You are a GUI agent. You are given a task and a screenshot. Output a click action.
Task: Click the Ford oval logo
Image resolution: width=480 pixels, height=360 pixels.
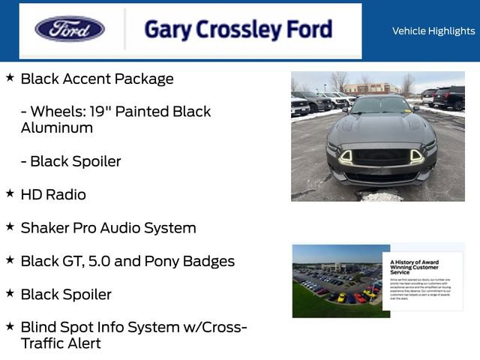coord(70,30)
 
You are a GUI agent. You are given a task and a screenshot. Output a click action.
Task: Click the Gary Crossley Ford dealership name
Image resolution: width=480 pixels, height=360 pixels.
coord(238,30)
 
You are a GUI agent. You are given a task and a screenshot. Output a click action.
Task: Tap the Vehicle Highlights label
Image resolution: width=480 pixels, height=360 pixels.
coord(433,31)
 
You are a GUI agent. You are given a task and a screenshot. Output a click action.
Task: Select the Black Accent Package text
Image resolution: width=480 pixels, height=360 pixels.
coord(97,79)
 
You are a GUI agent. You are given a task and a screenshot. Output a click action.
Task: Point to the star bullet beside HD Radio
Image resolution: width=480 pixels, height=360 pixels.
coord(10,193)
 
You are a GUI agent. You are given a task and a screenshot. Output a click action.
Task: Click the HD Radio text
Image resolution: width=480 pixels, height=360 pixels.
coord(53,194)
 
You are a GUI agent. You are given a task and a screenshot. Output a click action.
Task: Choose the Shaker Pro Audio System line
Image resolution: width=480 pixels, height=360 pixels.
coord(108,228)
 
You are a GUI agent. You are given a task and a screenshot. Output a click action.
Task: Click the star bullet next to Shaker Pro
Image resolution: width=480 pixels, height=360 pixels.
coord(10,226)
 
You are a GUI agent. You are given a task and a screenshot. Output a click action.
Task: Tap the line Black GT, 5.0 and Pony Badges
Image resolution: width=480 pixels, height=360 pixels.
coord(127,261)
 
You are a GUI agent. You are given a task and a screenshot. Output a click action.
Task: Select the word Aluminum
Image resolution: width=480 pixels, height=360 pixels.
coord(57,127)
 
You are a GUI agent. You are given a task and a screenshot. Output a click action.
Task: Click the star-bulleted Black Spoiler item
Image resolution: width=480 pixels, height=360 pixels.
coord(66,295)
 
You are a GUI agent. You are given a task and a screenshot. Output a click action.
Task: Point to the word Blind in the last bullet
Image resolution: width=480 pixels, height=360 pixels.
coord(37,328)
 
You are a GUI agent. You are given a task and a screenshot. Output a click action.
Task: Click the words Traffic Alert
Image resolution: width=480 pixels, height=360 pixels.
coord(61,343)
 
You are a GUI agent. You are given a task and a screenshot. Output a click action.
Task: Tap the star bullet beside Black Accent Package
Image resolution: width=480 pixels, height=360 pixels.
coord(10,77)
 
